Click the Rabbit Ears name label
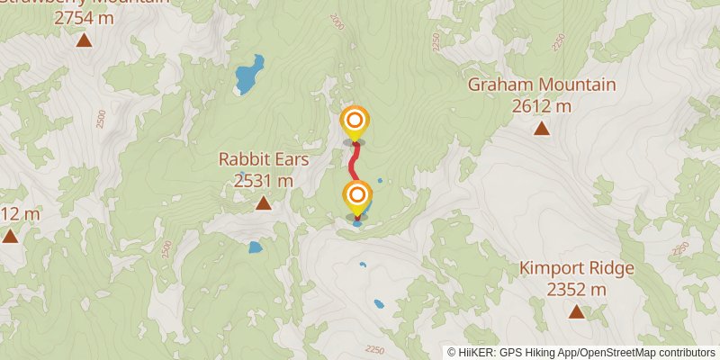coord(264,159)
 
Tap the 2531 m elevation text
coord(264,180)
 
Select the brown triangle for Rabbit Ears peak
coord(263,203)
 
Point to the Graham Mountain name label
coord(542,85)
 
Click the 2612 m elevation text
coord(542,106)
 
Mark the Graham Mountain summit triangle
coord(542,129)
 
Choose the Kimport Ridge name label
coord(577,268)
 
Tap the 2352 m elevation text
coord(577,289)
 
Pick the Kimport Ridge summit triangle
coord(576,312)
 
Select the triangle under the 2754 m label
coord(84,40)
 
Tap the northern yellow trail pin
coord(355,121)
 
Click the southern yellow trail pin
coord(356,195)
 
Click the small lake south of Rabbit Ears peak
coord(255,247)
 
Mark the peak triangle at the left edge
coord(9,237)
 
